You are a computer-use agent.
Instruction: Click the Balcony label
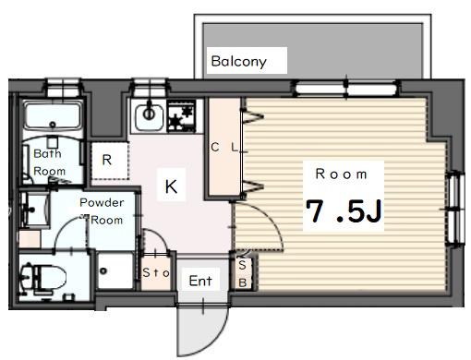pyautogui.click(x=238, y=61)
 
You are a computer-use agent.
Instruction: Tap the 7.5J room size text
pyautogui.click(x=344, y=211)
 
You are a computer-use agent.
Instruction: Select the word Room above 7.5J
pyautogui.click(x=342, y=174)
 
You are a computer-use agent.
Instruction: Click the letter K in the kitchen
pyautogui.click(x=171, y=186)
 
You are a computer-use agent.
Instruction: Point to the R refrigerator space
pyautogui.click(x=110, y=161)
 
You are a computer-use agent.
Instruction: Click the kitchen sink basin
pyautogui.click(x=149, y=117)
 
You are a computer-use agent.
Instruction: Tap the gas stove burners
pyautogui.click(x=181, y=117)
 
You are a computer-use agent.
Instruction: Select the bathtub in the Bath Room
pyautogui.click(x=53, y=116)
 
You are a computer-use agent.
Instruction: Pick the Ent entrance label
pyautogui.click(x=200, y=281)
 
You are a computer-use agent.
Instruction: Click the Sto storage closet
pyautogui.click(x=156, y=272)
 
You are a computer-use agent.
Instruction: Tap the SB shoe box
pyautogui.click(x=243, y=273)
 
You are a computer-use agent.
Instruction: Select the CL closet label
pyautogui.click(x=224, y=148)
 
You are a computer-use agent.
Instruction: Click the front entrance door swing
pyautogui.click(x=203, y=330)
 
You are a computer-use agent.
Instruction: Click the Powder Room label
pyautogui.click(x=102, y=211)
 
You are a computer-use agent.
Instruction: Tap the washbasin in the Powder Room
pyautogui.click(x=33, y=210)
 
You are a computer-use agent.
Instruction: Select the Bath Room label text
pyautogui.click(x=49, y=162)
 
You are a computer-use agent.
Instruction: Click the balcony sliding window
pyautogui.click(x=346, y=89)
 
